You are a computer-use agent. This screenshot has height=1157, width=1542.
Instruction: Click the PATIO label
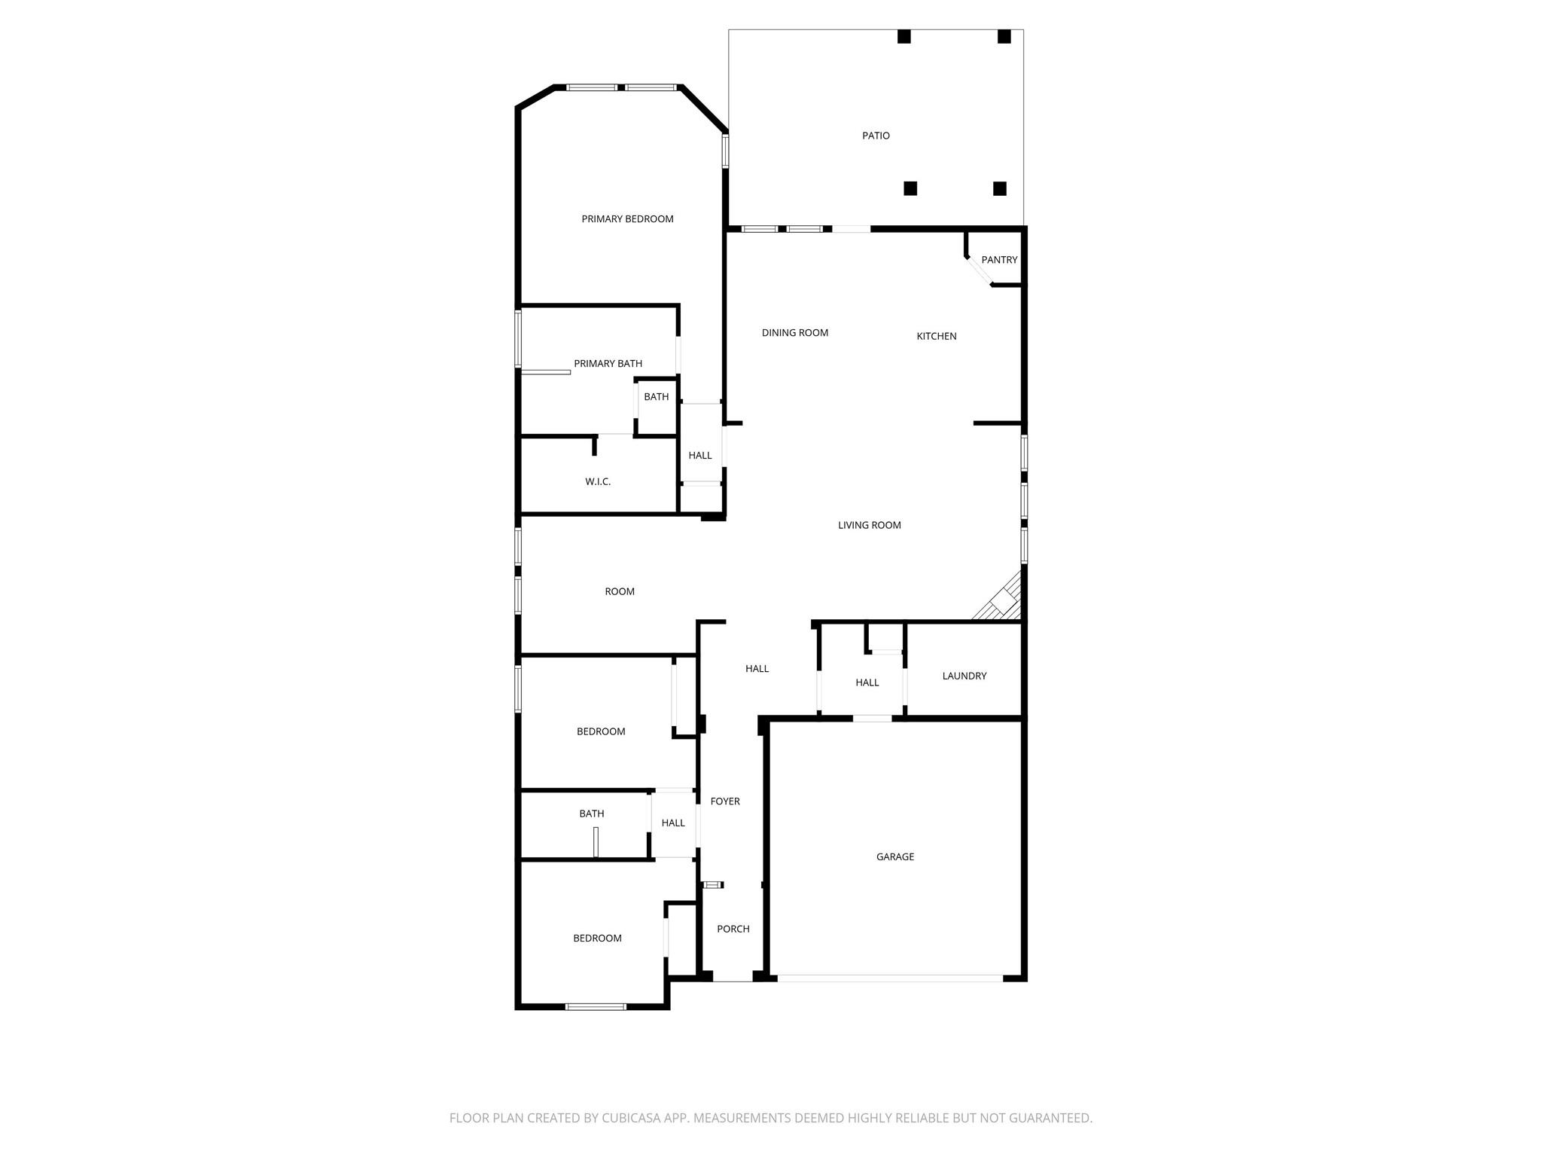(876, 136)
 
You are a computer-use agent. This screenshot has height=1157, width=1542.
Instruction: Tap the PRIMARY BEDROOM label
(627, 219)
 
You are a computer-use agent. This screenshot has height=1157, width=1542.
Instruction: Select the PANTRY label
(999, 260)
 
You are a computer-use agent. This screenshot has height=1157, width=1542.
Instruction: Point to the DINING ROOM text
(795, 333)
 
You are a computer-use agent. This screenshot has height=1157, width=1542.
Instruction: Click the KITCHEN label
(937, 336)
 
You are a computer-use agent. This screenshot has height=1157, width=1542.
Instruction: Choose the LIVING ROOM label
(870, 525)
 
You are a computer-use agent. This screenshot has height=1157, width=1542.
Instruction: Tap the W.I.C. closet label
(598, 481)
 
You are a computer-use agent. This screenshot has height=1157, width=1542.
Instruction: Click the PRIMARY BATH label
(608, 364)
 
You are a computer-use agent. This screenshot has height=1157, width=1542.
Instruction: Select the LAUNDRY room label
(965, 676)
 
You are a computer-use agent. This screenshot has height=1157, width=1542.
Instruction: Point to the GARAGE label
(895, 856)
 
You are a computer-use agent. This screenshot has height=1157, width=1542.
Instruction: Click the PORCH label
(733, 929)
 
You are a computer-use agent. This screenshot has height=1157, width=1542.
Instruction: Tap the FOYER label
(725, 801)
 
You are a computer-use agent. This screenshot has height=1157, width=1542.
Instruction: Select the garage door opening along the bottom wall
(890, 978)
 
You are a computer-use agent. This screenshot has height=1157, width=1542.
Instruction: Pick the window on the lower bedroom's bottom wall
(596, 1006)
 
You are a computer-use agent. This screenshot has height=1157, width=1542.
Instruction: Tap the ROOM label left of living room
(620, 591)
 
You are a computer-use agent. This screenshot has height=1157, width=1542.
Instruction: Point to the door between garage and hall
(872, 719)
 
